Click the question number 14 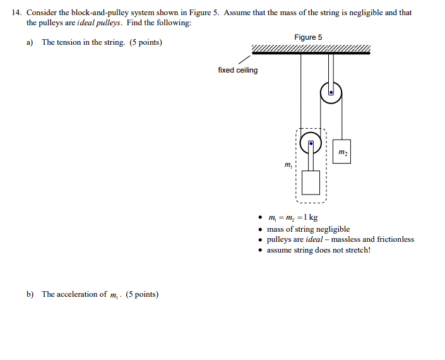click(17, 12)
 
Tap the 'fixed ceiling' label click(237, 70)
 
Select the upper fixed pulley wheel click(331, 93)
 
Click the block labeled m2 click(341, 152)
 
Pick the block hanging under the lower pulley click(311, 183)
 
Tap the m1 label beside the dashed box click(288, 165)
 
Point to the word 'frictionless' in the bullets click(395, 239)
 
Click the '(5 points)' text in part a click(145, 42)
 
